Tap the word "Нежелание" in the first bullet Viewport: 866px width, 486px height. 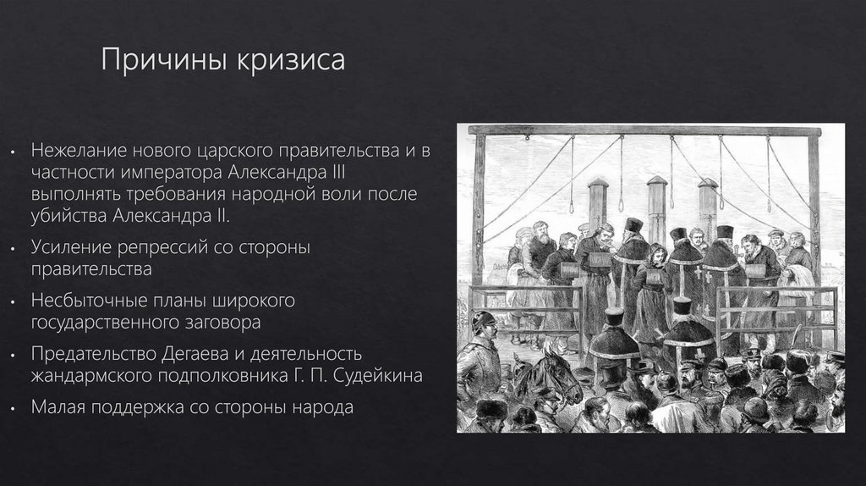coord(79,151)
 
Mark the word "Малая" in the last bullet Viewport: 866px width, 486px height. coord(60,406)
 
